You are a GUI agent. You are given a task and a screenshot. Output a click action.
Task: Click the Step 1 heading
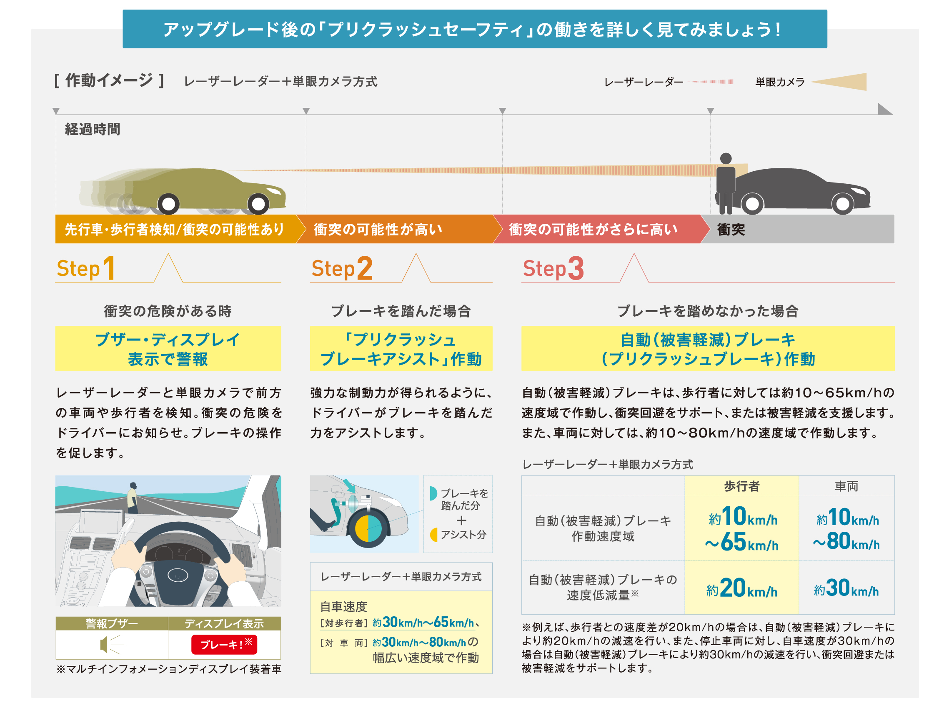[x=86, y=268]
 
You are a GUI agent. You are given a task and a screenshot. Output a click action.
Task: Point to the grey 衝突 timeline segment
[x=797, y=229]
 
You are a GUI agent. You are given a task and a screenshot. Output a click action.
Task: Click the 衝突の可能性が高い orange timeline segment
[x=394, y=229]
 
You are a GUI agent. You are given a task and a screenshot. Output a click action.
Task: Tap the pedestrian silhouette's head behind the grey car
[x=725, y=158]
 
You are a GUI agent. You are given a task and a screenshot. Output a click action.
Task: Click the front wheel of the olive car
[x=258, y=204]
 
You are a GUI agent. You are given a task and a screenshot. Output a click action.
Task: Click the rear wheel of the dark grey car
[x=752, y=204]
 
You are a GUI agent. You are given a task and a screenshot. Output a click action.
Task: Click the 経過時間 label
[x=92, y=129]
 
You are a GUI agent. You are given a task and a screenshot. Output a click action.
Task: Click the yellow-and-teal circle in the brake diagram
[x=367, y=528]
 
